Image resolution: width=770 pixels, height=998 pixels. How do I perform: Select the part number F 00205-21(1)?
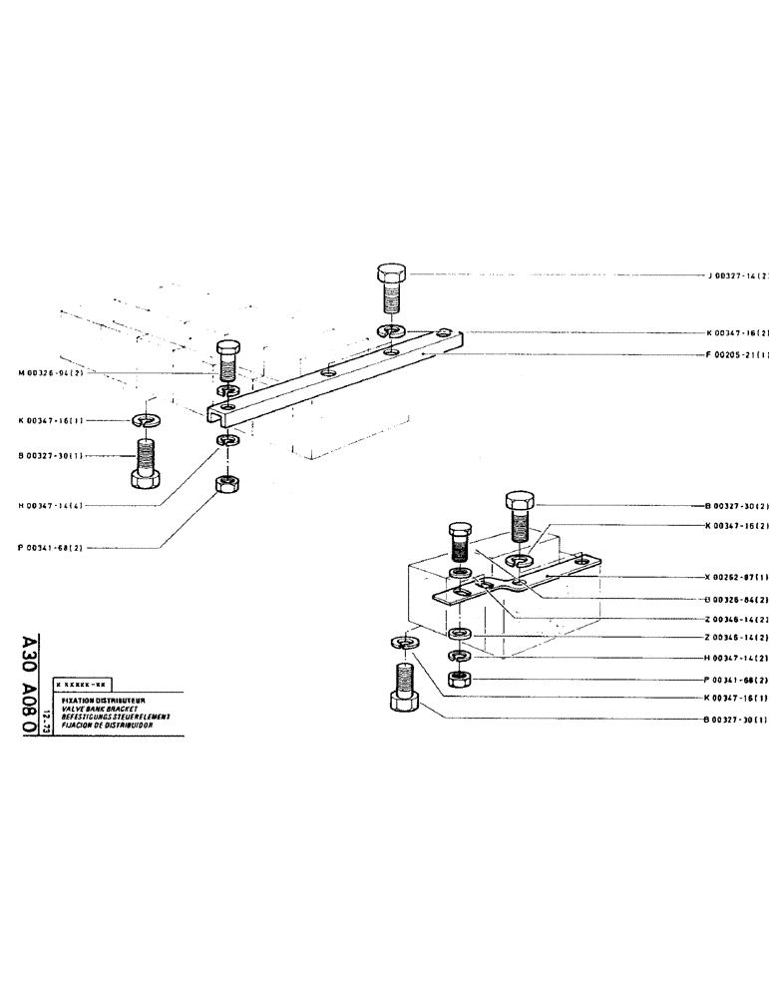click(x=739, y=354)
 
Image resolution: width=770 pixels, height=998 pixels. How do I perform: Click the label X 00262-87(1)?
click(x=736, y=577)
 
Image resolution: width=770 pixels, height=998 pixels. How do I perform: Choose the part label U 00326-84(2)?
click(x=736, y=599)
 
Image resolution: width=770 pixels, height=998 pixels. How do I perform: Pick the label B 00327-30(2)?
click(x=736, y=507)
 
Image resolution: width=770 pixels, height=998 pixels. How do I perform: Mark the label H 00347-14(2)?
click(x=736, y=658)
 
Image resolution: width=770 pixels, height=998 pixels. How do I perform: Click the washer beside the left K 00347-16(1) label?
click(x=146, y=422)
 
